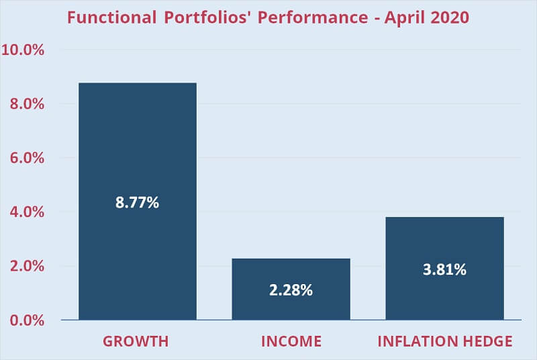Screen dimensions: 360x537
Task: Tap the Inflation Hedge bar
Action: (x=444, y=242)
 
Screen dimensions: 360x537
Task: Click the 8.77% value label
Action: (x=138, y=202)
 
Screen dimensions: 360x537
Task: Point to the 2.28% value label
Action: (x=291, y=291)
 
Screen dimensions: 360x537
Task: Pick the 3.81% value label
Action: (x=444, y=270)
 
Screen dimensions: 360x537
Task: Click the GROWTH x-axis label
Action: (x=136, y=341)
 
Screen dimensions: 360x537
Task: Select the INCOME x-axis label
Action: (x=291, y=341)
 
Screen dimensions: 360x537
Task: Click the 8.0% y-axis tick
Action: (x=27, y=104)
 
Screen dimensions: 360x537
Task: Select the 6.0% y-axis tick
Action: (x=27, y=159)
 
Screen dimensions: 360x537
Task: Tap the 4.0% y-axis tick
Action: (x=27, y=212)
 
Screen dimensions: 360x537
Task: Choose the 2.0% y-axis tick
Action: (x=27, y=266)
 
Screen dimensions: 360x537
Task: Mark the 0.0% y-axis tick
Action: (x=27, y=320)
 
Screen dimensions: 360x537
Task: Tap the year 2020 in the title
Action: (x=449, y=17)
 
